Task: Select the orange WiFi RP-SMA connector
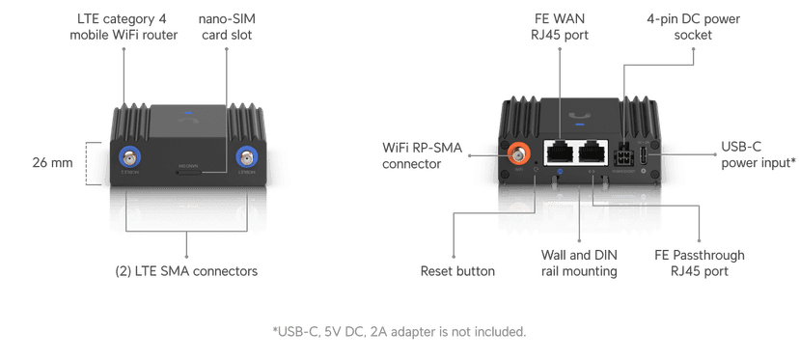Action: pyautogui.click(x=519, y=152)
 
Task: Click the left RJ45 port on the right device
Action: pyautogui.click(x=558, y=150)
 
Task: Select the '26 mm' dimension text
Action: pyautogui.click(x=52, y=162)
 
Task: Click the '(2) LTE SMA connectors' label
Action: pyautogui.click(x=185, y=271)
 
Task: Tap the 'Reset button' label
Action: pyautogui.click(x=458, y=271)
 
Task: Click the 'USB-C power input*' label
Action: pyautogui.click(x=758, y=156)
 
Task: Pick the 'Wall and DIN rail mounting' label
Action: pyautogui.click(x=579, y=263)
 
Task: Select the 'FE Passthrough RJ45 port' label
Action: pyautogui.click(x=701, y=263)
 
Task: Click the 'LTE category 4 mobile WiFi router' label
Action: pyautogui.click(x=124, y=29)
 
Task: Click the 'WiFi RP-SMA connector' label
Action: pyautogui.click(x=427, y=156)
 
